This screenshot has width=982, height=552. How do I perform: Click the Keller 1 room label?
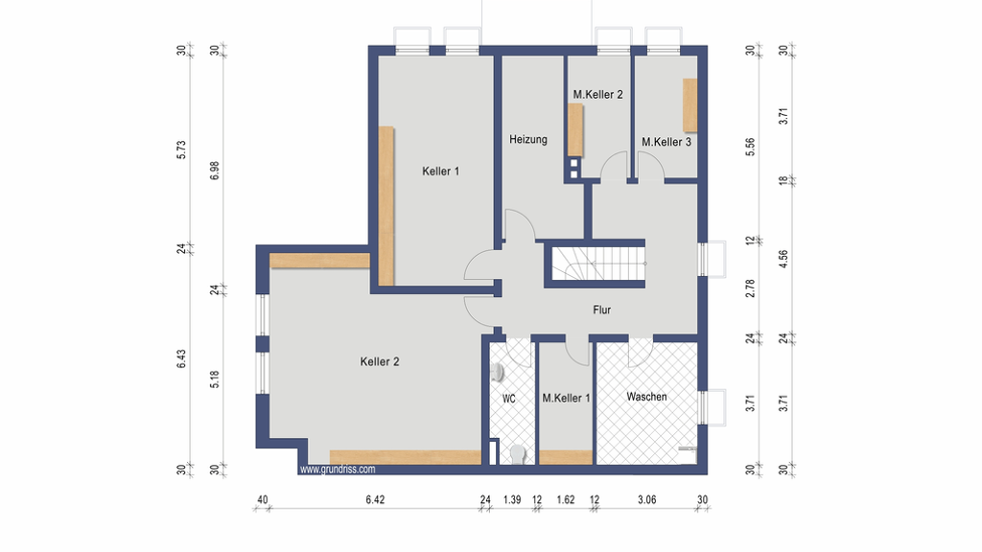(x=440, y=171)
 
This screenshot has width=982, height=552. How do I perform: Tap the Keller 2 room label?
(x=380, y=361)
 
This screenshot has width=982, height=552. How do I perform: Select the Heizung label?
(x=528, y=140)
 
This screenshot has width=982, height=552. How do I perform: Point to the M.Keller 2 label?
(x=597, y=95)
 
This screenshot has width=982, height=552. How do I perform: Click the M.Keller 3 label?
(x=666, y=142)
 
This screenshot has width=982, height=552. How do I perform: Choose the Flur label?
(x=602, y=310)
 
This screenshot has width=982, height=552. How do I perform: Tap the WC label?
(x=508, y=399)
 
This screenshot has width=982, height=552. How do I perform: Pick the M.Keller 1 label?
(x=566, y=398)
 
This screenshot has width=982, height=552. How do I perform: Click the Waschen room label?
(x=646, y=397)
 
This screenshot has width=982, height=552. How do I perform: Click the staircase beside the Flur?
(x=598, y=264)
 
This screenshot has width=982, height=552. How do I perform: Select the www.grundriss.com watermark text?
(x=338, y=470)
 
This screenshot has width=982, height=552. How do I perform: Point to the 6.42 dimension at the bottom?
(x=375, y=499)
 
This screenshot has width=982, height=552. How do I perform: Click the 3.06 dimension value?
(x=647, y=499)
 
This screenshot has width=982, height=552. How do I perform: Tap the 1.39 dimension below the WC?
(x=512, y=499)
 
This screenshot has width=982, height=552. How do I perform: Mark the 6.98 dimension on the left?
(x=215, y=171)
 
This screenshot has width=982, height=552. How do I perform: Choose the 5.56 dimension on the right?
(x=750, y=147)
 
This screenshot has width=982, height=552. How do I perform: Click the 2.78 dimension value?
(x=750, y=288)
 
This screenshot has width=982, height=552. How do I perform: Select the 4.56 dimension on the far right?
(x=783, y=259)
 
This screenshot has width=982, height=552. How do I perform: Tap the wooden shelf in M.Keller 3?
(x=690, y=105)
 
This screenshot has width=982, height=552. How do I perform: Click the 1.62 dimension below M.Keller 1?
(x=566, y=499)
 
